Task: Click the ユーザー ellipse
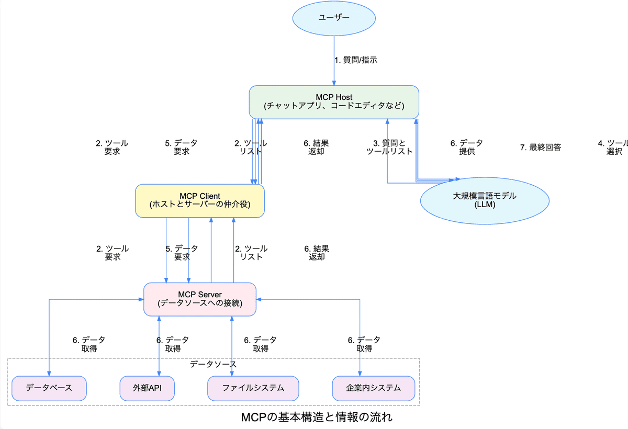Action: [x=334, y=18]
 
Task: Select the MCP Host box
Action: [x=334, y=101]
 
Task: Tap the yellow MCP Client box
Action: [x=200, y=200]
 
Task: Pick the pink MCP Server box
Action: [x=200, y=299]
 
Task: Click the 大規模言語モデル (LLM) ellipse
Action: [x=485, y=200]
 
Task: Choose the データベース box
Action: [x=49, y=388]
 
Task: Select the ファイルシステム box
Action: [x=253, y=388]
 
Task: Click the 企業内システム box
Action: [x=373, y=388]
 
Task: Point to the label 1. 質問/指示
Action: [x=356, y=60]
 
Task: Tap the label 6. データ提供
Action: [x=466, y=147]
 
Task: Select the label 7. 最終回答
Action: [x=540, y=148]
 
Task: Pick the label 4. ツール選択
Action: [x=613, y=147]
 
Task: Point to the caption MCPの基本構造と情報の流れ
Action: [x=317, y=417]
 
